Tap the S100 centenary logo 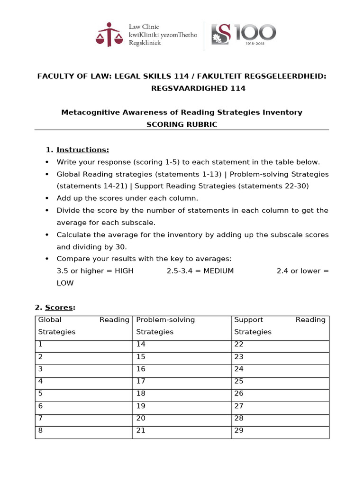click(x=243, y=34)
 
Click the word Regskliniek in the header click(x=145, y=43)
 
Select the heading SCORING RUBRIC click(x=182, y=124)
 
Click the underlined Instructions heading click(x=82, y=150)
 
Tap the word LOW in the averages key click(x=65, y=283)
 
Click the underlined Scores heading click(x=59, y=308)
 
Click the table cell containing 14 click(x=182, y=345)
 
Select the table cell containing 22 click(x=280, y=345)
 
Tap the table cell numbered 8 click(x=84, y=431)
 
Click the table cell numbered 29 click(x=280, y=431)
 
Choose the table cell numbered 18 click(x=182, y=394)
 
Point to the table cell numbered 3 click(x=84, y=369)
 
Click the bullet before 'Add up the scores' click(x=46, y=198)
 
